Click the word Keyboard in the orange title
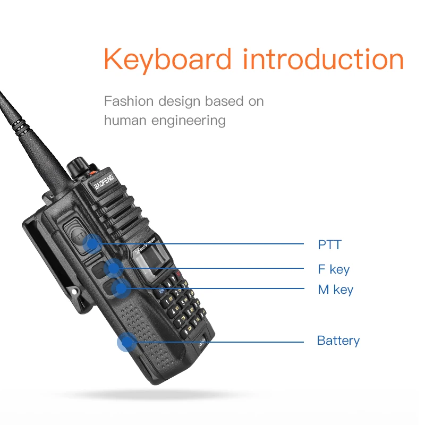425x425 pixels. click(168, 59)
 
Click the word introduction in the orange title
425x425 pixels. click(323, 59)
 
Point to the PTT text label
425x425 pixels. click(329, 245)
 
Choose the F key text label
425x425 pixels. click(334, 269)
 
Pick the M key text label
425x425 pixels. click(335, 290)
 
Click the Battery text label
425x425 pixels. click(338, 341)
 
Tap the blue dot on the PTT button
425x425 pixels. click(92, 244)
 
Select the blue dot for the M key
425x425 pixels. click(121, 288)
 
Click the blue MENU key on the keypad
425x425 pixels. click(160, 292)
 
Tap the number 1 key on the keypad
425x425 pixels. click(167, 301)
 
